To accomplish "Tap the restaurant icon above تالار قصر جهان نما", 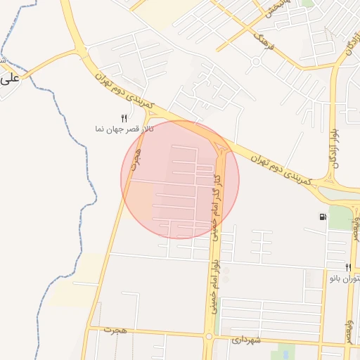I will coord(124,118).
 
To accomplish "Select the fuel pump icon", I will coord(322,217).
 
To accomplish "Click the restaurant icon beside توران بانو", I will coord(348,267).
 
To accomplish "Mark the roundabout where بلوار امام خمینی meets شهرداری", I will coord(209,335).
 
